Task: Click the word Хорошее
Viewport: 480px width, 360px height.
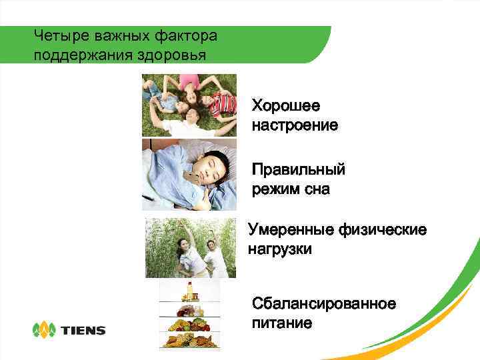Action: (285, 106)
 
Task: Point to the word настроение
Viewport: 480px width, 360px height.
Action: (295, 125)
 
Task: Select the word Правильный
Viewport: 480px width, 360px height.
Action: (298, 171)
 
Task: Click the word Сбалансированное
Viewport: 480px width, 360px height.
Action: (323, 305)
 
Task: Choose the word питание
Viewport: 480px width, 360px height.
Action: (282, 323)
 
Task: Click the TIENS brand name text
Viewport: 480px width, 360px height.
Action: (83, 330)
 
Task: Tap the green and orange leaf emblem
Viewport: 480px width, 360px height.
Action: (45, 329)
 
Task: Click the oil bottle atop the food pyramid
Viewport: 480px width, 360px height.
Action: (189, 291)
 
